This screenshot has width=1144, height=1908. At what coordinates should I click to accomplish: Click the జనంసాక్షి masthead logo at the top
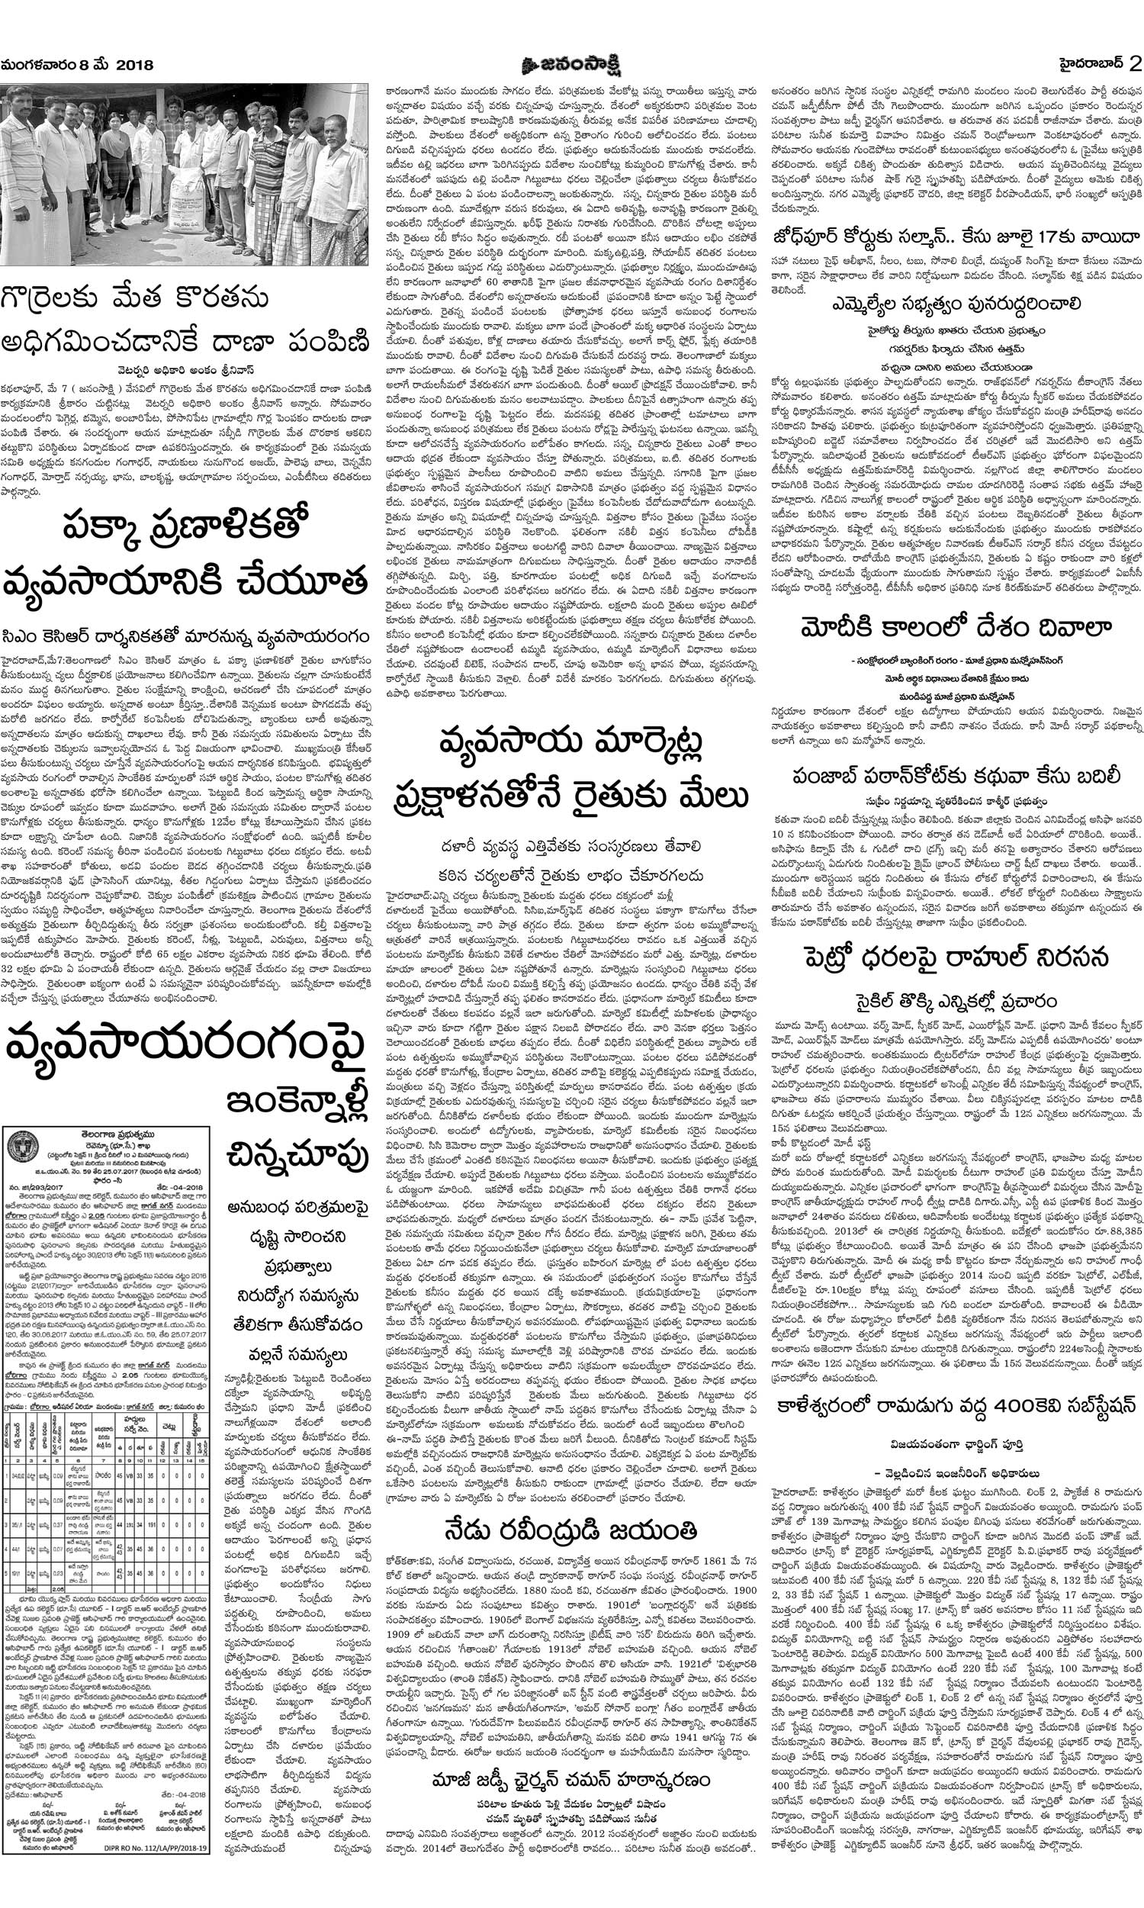tap(570, 63)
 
